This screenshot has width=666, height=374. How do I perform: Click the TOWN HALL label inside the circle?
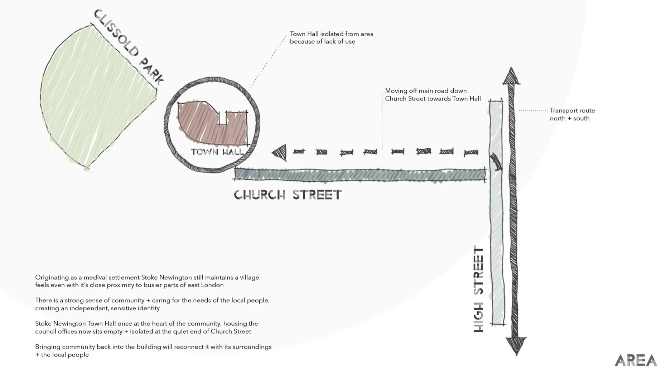coord(217,152)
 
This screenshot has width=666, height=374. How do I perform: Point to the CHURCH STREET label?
coord(288,195)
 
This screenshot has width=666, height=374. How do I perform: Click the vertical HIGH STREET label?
coord(479,289)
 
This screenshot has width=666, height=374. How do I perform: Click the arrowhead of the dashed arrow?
coord(280,153)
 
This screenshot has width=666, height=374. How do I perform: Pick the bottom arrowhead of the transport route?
coord(516,345)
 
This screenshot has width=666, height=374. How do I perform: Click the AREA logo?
coord(636,360)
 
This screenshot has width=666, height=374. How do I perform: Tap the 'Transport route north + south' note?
coord(572,114)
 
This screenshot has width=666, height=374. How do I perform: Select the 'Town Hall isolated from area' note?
coord(331,38)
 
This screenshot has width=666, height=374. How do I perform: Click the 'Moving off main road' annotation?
coord(433,95)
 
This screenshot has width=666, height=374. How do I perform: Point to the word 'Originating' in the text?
coord(51,277)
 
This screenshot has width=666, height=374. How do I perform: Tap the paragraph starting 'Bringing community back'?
coord(153,351)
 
